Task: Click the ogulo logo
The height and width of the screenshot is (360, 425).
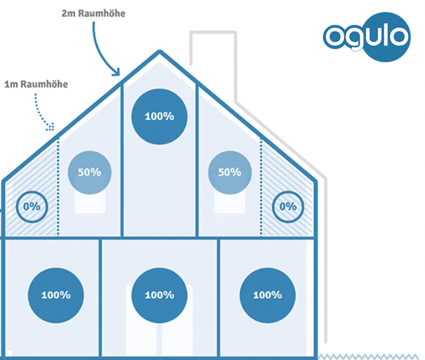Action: [x=367, y=37]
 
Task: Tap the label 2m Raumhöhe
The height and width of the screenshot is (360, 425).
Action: [x=93, y=13]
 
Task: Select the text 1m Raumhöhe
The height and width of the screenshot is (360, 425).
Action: [x=36, y=84]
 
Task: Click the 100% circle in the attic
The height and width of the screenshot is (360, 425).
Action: [x=159, y=116]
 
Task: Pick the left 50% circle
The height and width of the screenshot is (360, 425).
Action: [x=89, y=173]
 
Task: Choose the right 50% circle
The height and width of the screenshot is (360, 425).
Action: [x=230, y=173]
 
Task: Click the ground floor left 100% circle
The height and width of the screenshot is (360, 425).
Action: [x=56, y=295]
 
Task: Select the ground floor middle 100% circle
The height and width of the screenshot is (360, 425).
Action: [x=159, y=295]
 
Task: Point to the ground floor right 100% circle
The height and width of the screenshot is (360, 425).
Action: [x=268, y=295]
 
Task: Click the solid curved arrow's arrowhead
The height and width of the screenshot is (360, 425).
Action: [x=117, y=72]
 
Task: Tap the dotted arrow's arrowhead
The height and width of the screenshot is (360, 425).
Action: [x=51, y=127]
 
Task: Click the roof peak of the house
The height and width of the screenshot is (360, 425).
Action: [x=159, y=52]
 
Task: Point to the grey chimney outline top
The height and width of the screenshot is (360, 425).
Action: [x=213, y=32]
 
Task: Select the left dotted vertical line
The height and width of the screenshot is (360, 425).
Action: [x=58, y=187]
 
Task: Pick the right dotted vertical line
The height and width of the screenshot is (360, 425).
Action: [x=261, y=187]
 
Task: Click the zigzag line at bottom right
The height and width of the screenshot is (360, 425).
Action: [x=369, y=356]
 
